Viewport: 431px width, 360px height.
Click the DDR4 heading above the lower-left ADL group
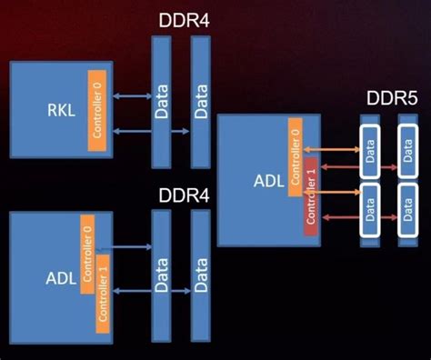tap(185, 194)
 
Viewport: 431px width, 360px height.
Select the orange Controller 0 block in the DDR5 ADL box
tap(296, 157)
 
